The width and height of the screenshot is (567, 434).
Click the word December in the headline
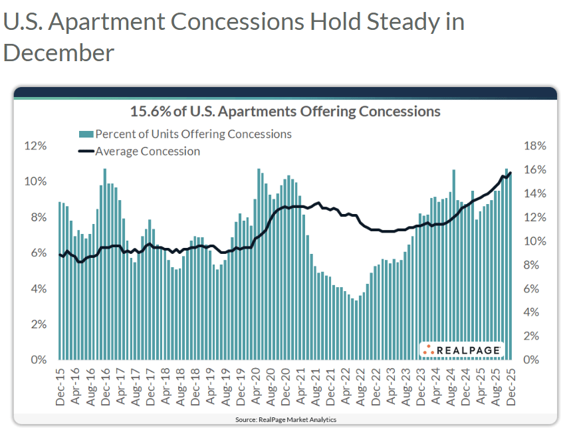[58, 53]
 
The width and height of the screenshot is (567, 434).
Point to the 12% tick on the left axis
[35, 146]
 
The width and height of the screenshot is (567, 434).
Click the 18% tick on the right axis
[534, 146]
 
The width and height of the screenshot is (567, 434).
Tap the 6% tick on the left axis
[38, 253]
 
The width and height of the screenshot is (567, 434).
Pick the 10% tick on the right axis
[534, 241]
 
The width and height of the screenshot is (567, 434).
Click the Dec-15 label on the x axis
[61, 388]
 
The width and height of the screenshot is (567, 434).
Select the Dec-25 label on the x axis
[511, 388]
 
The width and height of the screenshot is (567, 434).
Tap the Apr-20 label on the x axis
[257, 388]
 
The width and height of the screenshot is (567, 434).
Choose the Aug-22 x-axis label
[362, 388]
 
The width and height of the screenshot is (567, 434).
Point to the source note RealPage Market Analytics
[285, 420]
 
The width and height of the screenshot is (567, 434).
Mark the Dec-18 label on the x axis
[196, 388]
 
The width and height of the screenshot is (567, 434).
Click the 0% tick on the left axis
[38, 360]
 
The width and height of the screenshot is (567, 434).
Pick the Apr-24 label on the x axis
[436, 388]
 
